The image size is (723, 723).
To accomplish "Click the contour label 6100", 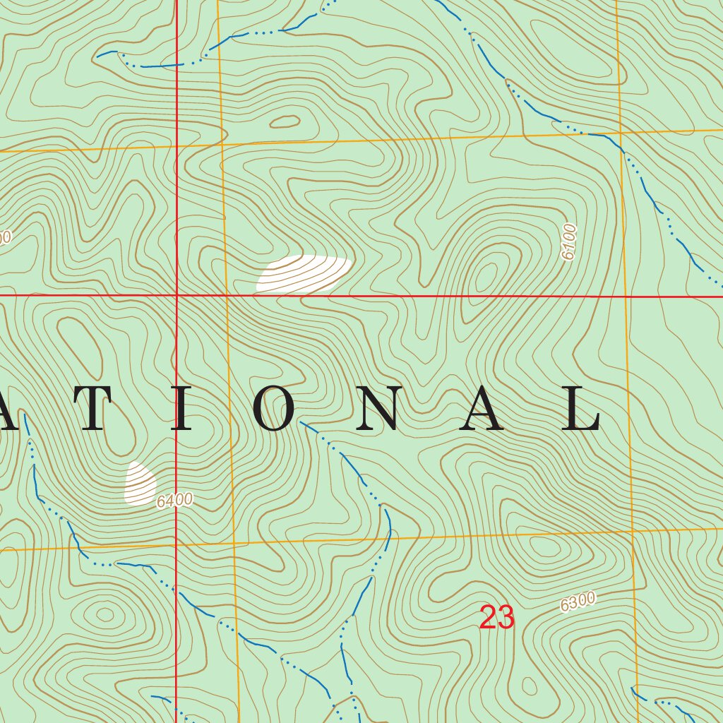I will [x=569, y=241].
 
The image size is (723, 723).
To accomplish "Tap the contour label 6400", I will [x=174, y=501].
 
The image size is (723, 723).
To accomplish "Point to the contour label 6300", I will [x=578, y=602].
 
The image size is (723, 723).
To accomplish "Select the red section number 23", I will [x=497, y=618].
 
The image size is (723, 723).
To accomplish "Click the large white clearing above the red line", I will [x=304, y=273].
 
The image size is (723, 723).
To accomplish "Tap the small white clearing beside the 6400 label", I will [x=140, y=484].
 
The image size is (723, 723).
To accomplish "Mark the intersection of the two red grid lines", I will [x=176, y=294].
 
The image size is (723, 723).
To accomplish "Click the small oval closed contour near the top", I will [x=285, y=122].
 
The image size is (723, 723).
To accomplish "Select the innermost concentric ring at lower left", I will [x=104, y=614].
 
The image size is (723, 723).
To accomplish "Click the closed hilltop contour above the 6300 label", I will [x=542, y=547].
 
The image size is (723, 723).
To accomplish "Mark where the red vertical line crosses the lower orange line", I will [x=176, y=545].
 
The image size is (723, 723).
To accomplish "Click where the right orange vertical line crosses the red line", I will [x=627, y=296].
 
